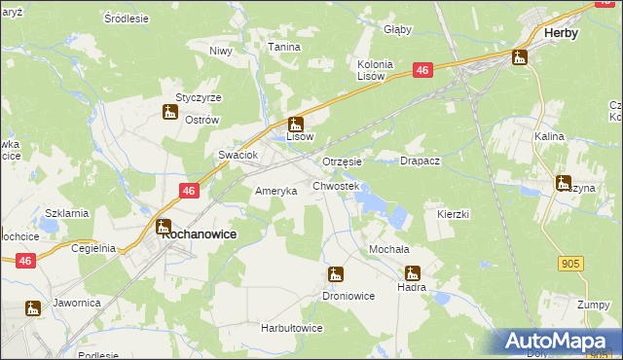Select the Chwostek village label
point(336,185)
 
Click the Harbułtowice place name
point(291,328)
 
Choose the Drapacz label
point(421,161)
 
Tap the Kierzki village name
point(454,213)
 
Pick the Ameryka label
point(275,191)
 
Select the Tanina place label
point(284,47)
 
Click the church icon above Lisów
point(296,124)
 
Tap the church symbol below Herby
point(519,56)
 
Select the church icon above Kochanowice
point(164,226)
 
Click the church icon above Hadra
point(413,273)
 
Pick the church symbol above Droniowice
point(336,274)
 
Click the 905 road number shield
point(571,263)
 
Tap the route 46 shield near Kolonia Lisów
point(421,70)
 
